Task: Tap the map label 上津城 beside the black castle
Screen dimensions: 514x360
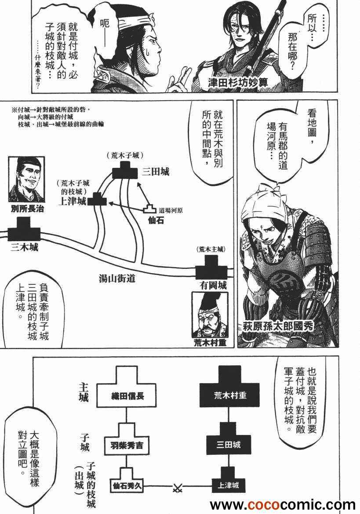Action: [73, 201]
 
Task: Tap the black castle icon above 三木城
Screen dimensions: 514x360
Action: [24, 229]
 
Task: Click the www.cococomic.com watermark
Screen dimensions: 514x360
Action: [283, 505]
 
